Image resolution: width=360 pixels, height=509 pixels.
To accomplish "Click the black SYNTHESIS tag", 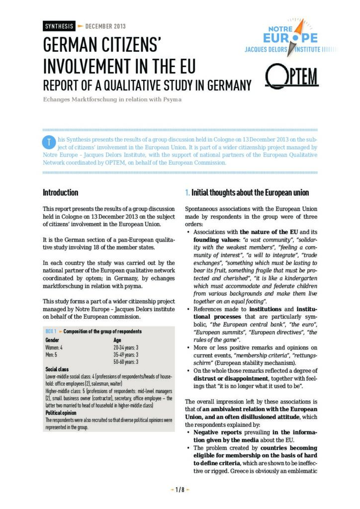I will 59,26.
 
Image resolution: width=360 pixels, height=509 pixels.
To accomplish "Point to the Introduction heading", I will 60,192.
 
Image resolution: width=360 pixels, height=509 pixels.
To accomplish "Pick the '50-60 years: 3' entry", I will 126,362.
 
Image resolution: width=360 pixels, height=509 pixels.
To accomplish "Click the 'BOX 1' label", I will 51,331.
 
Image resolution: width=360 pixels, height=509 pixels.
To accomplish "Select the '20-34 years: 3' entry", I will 126,347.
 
